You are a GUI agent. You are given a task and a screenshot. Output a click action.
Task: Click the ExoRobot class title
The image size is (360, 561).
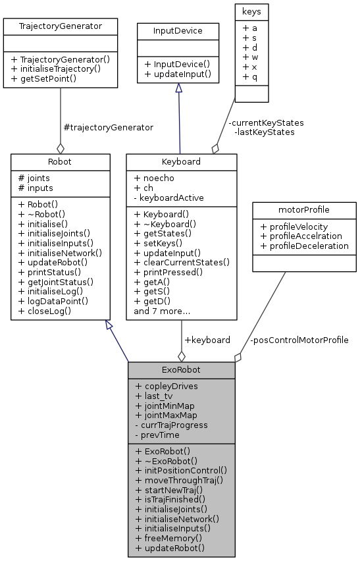pos(181,370)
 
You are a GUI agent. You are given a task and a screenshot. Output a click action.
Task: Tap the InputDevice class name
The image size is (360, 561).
pos(177,31)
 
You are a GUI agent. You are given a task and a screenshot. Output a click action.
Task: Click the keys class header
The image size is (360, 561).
pos(251,11)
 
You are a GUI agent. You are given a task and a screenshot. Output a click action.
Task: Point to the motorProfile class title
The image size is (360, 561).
pos(304,211)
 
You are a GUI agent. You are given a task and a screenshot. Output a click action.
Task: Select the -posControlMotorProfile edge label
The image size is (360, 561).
pos(299,340)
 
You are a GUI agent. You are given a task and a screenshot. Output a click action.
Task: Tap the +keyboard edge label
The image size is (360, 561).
pos(207,340)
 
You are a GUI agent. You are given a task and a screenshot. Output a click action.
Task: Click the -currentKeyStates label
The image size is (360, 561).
pos(266,122)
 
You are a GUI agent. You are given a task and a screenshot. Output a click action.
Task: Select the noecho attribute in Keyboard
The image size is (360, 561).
pos(155,178)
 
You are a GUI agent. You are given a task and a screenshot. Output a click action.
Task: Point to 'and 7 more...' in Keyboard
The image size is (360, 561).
pos(162,311)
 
